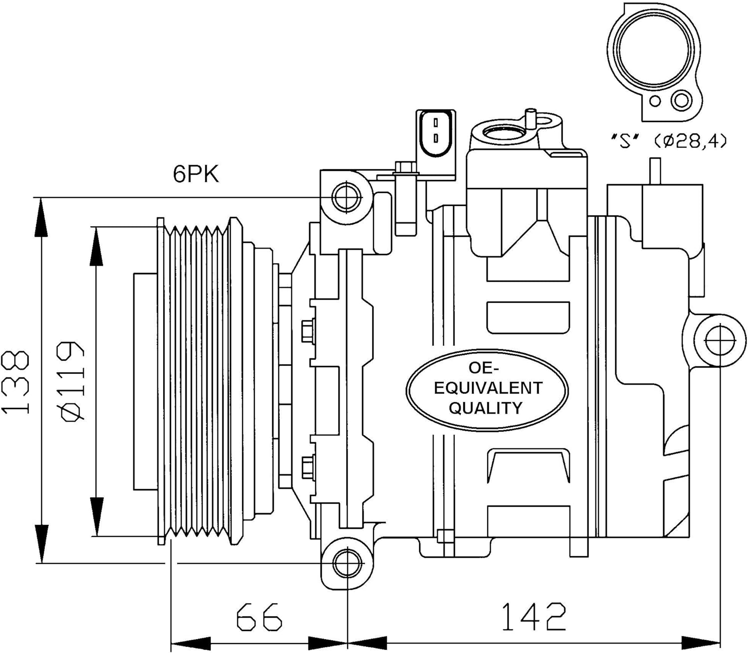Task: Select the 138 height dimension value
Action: click(15, 382)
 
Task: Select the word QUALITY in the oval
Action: click(486, 407)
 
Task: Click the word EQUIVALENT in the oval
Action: click(488, 388)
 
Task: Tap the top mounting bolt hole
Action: click(347, 197)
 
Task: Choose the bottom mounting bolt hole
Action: click(347, 564)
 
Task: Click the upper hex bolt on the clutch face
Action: click(308, 332)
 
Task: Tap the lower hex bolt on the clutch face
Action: click(308, 467)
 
